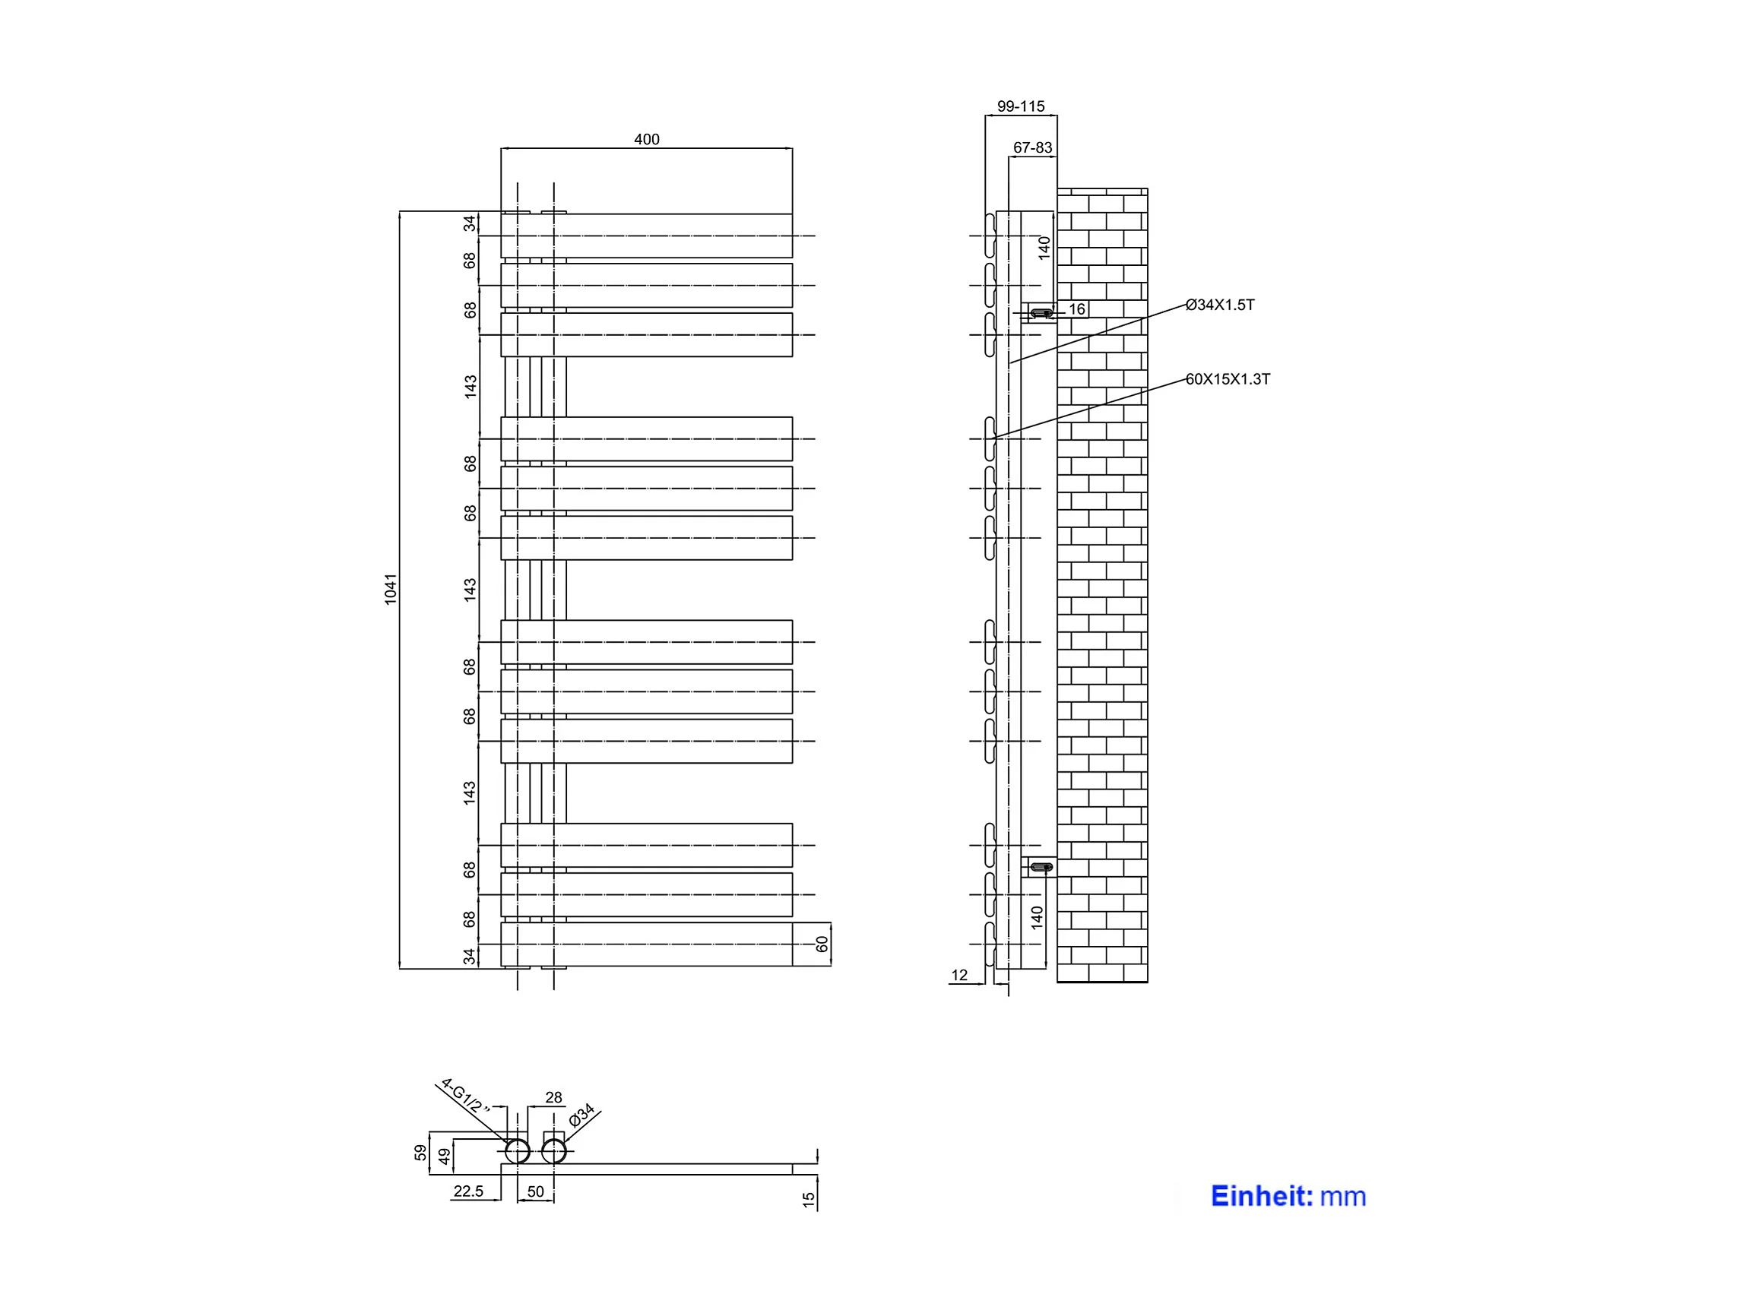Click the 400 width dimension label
pos(646,139)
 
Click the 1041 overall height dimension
pos(391,589)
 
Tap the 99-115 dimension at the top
pos(1020,106)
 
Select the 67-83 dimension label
pos(1032,147)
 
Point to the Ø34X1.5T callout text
pos(1220,305)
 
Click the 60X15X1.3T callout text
pos(1228,379)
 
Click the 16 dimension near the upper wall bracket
pos(1077,308)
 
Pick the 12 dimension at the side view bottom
pos(959,976)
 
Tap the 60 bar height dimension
pos(822,944)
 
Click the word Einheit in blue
pos(1262,1196)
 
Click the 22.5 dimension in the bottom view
pos(468,1191)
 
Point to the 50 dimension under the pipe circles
pos(535,1191)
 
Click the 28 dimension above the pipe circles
pos(553,1098)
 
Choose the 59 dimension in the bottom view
pos(420,1152)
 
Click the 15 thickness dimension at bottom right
pos(808,1200)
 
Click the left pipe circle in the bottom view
pos(517,1151)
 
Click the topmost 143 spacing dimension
pos(470,387)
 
